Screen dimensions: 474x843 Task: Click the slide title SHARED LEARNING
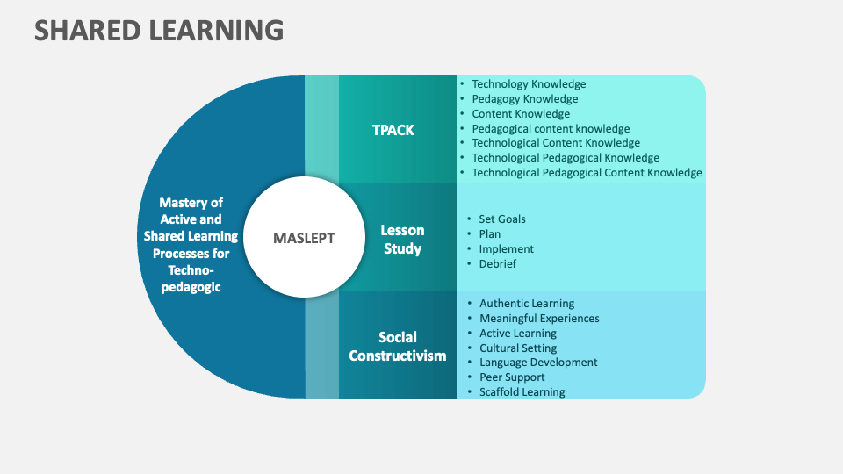coord(159,31)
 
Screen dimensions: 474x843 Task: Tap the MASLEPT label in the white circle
coord(304,238)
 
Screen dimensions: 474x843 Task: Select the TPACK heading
coord(393,130)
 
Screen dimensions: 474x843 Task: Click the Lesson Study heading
coord(402,239)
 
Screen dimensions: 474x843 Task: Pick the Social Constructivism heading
coord(398,346)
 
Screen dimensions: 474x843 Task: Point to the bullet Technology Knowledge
coord(529,84)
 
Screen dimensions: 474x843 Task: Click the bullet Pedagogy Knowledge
coord(524,99)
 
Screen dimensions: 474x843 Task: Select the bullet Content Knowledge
coord(521,114)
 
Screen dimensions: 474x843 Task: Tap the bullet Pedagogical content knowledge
coord(551,128)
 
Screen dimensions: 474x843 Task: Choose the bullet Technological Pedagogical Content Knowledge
coord(587,173)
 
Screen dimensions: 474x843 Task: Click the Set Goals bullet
coord(502,219)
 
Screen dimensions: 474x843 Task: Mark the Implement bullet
coord(506,248)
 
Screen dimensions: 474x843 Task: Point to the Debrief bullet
coord(497,263)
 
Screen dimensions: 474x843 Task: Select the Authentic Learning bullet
coord(527,304)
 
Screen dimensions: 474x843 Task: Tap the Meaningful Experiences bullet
coord(539,319)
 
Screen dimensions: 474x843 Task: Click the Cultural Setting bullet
coord(518,348)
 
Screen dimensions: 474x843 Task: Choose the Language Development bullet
coord(538,363)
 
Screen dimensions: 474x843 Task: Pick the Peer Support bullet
coord(512,377)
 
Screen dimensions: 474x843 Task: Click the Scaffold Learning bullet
coord(522,392)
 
